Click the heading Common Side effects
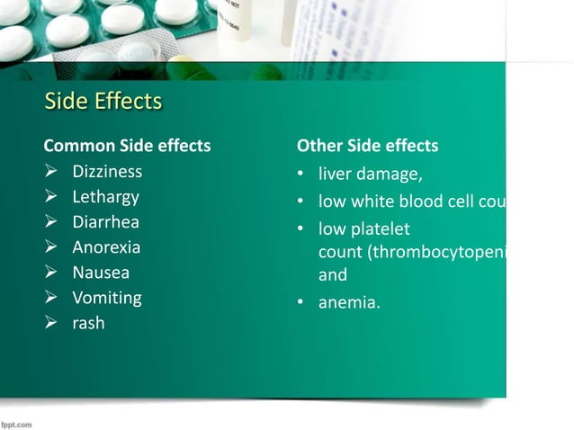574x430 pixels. [x=127, y=146]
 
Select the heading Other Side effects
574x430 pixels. [x=367, y=146]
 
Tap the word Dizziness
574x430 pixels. [x=107, y=171]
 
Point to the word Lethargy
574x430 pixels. [x=105, y=196]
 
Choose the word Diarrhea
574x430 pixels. [x=106, y=221]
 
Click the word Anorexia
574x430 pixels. [x=106, y=246]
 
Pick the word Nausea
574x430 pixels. [x=101, y=272]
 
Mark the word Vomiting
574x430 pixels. [x=107, y=297]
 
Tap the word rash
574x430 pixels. [x=88, y=322]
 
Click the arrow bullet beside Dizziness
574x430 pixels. [x=52, y=171]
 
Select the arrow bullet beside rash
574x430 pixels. [x=52, y=322]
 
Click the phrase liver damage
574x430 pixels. [x=370, y=175]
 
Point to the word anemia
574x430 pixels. [x=349, y=302]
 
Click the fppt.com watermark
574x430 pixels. [x=17, y=423]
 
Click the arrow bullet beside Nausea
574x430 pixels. [x=52, y=272]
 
